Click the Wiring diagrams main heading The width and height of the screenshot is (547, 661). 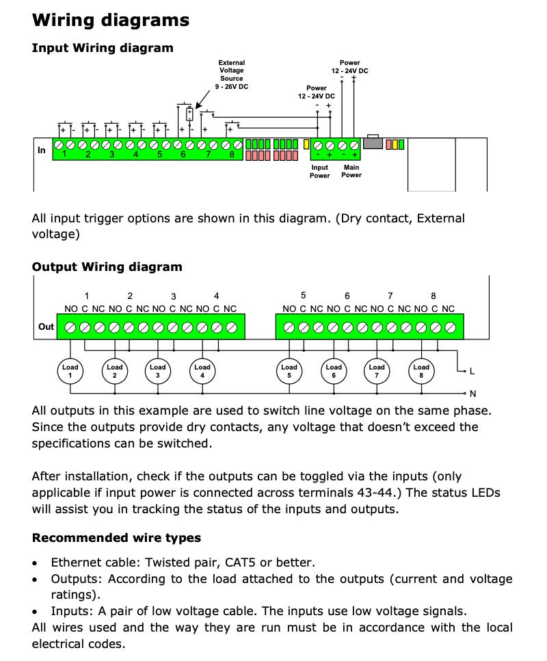[x=111, y=21]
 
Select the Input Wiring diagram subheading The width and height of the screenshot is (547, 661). [x=103, y=48]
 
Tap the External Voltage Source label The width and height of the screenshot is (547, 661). [x=231, y=75]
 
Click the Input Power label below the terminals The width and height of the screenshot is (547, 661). [x=320, y=171]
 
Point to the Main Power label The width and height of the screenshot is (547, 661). [x=351, y=171]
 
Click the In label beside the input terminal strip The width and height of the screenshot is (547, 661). [x=42, y=151]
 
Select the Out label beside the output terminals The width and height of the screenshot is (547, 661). [x=46, y=326]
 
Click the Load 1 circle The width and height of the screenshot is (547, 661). [x=70, y=371]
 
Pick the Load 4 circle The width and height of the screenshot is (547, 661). [x=202, y=371]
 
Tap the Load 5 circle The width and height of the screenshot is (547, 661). [x=289, y=371]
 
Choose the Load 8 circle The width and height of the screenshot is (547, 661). [x=421, y=371]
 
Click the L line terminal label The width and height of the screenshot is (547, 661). [x=472, y=372]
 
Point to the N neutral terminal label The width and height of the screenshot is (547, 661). [x=472, y=393]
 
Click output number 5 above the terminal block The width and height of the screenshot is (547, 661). [x=304, y=296]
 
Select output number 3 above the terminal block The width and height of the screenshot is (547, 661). [x=174, y=296]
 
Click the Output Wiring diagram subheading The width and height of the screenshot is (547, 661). [x=107, y=267]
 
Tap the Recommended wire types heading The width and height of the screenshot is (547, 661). [x=116, y=538]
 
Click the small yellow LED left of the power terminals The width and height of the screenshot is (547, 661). [x=306, y=144]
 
